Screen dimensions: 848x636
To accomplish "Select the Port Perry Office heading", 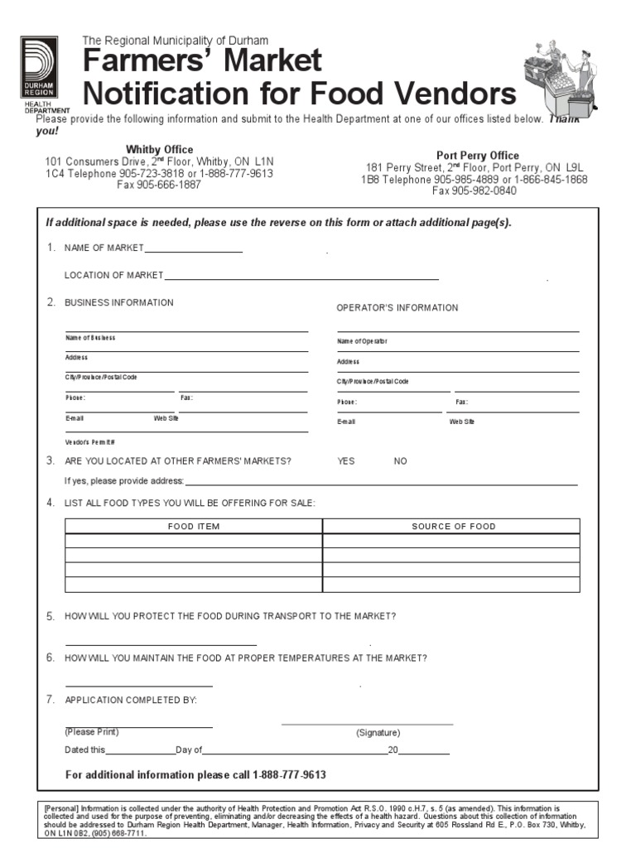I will point(478,156).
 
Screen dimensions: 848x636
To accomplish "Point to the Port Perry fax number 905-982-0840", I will point(475,190).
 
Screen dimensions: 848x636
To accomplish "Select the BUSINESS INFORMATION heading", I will point(119,303).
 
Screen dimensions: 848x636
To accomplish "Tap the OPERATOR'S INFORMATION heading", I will point(397,308).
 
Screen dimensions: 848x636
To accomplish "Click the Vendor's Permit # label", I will point(91,442).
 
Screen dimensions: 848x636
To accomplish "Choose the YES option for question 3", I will point(345,461).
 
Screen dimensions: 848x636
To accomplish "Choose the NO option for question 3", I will point(400,461).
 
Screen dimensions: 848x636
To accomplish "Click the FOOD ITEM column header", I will point(194,527).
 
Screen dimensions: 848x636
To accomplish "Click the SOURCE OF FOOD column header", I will point(453,527).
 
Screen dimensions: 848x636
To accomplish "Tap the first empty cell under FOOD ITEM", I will point(194,542).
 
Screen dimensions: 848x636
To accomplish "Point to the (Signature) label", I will point(378,733).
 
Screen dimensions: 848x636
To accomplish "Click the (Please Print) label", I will point(92,732).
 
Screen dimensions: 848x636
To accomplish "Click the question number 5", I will point(51,617).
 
